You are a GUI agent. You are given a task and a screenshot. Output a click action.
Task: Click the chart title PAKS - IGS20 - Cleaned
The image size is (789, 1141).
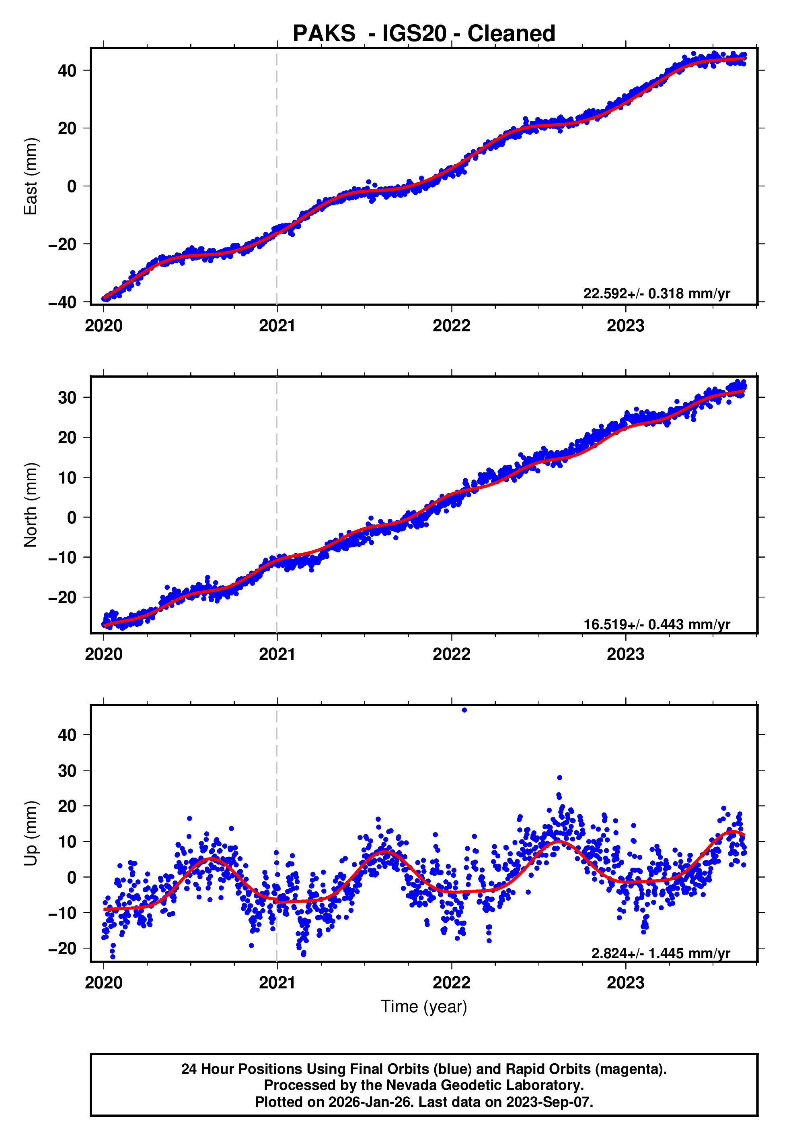424,34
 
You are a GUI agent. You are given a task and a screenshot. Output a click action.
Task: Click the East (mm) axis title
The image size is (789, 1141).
31,177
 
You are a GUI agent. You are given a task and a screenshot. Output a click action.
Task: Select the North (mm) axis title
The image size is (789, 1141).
31,505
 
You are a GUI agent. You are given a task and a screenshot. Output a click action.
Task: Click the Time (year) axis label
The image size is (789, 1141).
424,1007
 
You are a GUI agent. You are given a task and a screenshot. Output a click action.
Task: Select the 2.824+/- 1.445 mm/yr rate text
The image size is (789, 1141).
660,953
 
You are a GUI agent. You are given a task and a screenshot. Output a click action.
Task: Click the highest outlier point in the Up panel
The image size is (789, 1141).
464,710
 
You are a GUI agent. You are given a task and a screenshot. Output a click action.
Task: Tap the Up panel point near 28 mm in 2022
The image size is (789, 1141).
559,778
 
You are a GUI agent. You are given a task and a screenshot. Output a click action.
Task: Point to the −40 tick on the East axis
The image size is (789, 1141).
62,302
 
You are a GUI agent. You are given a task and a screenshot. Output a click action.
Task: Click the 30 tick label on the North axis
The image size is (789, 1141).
67,397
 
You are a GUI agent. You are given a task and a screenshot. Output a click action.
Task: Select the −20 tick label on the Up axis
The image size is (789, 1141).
62,949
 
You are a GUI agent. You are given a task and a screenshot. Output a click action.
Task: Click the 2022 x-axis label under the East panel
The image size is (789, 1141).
451,326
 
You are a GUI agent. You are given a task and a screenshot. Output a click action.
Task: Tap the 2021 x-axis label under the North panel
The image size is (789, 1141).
277,655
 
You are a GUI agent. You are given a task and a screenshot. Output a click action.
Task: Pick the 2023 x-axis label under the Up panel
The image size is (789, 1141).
625,982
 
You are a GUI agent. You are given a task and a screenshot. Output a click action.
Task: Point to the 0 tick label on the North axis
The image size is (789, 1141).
72,518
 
